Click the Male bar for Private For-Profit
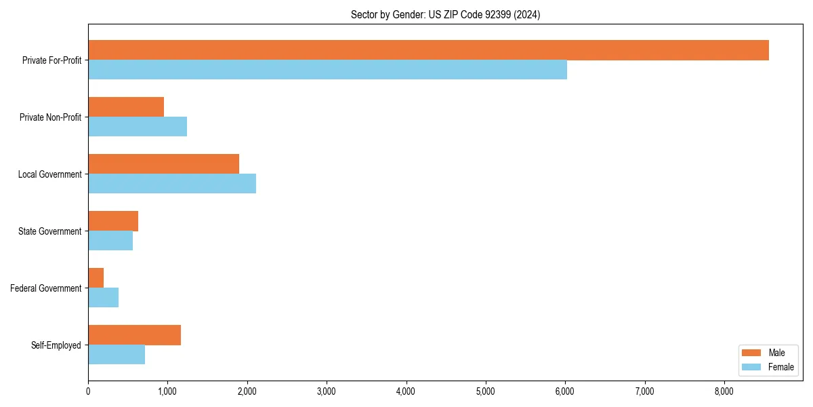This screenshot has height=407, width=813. [x=428, y=50]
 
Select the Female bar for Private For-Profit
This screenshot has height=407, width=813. [x=327, y=70]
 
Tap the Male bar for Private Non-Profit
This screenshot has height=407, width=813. [x=126, y=107]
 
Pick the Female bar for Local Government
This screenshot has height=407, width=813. [x=172, y=184]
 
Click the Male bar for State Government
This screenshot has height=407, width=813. [x=113, y=221]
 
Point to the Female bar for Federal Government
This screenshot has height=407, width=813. [x=104, y=298]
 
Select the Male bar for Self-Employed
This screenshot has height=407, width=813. [x=134, y=335]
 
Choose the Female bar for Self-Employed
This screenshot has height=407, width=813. [x=117, y=355]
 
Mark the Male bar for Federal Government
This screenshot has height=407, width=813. [x=96, y=278]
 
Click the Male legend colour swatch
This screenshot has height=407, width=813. [x=752, y=353]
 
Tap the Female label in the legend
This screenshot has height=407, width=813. [x=781, y=367]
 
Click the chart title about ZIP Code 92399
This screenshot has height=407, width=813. [x=445, y=14]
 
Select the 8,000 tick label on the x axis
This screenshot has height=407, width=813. [x=724, y=391]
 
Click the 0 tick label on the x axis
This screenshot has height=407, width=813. [x=88, y=391]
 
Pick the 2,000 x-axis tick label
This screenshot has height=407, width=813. [x=247, y=391]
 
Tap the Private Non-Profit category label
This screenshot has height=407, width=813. [x=50, y=117]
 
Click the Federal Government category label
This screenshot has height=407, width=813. [x=46, y=288]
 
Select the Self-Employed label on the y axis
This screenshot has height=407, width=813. [x=56, y=345]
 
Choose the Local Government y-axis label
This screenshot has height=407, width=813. [x=49, y=174]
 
